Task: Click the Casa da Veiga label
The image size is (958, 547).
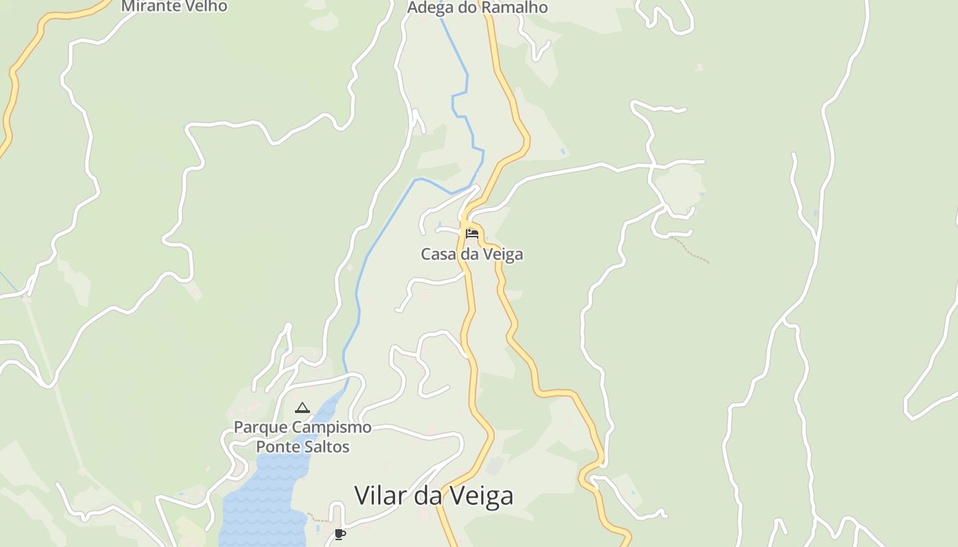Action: pyautogui.click(x=471, y=254)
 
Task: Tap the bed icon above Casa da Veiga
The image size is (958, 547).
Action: pyautogui.click(x=472, y=234)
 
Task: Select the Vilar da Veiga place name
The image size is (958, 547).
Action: pyautogui.click(x=433, y=495)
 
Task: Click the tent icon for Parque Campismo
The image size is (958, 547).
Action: pyautogui.click(x=302, y=408)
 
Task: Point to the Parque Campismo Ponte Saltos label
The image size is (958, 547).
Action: pyautogui.click(x=302, y=437)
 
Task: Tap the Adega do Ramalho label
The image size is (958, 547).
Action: pyautogui.click(x=478, y=8)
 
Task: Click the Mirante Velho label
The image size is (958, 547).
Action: pyautogui.click(x=174, y=6)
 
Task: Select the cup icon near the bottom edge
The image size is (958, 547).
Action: pyautogui.click(x=339, y=534)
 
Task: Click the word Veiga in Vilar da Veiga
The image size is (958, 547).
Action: pyautogui.click(x=481, y=495)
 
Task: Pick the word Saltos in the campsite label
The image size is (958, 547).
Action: pyautogui.click(x=327, y=447)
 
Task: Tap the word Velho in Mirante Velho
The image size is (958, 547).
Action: pyautogui.click(x=205, y=6)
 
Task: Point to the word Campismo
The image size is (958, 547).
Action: pyautogui.click(x=333, y=427)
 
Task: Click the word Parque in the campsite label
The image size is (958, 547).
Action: pyautogui.click(x=261, y=427)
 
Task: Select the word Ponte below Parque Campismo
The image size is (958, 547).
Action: pyautogui.click(x=277, y=447)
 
